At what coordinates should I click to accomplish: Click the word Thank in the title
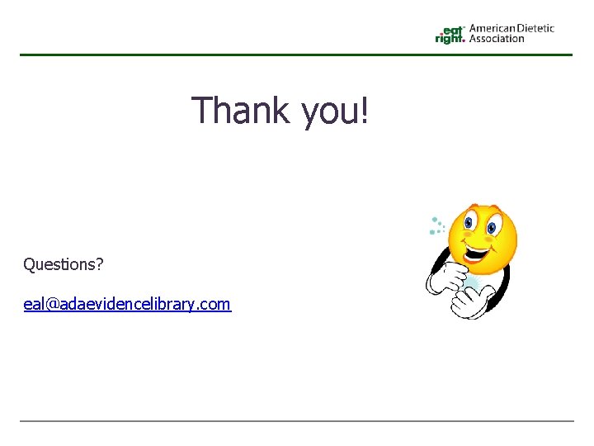(240, 111)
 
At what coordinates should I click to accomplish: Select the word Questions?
(64, 264)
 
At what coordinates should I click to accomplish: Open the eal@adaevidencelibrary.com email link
(127, 304)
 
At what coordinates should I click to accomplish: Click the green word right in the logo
(449, 38)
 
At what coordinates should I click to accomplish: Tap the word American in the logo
(492, 28)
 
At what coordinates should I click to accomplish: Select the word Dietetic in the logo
(535, 28)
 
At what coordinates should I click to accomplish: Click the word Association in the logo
(497, 38)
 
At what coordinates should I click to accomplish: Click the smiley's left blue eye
(469, 221)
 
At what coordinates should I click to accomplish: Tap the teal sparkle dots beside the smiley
(436, 225)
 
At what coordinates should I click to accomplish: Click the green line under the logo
(296, 55)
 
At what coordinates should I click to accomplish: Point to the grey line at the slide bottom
(296, 421)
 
